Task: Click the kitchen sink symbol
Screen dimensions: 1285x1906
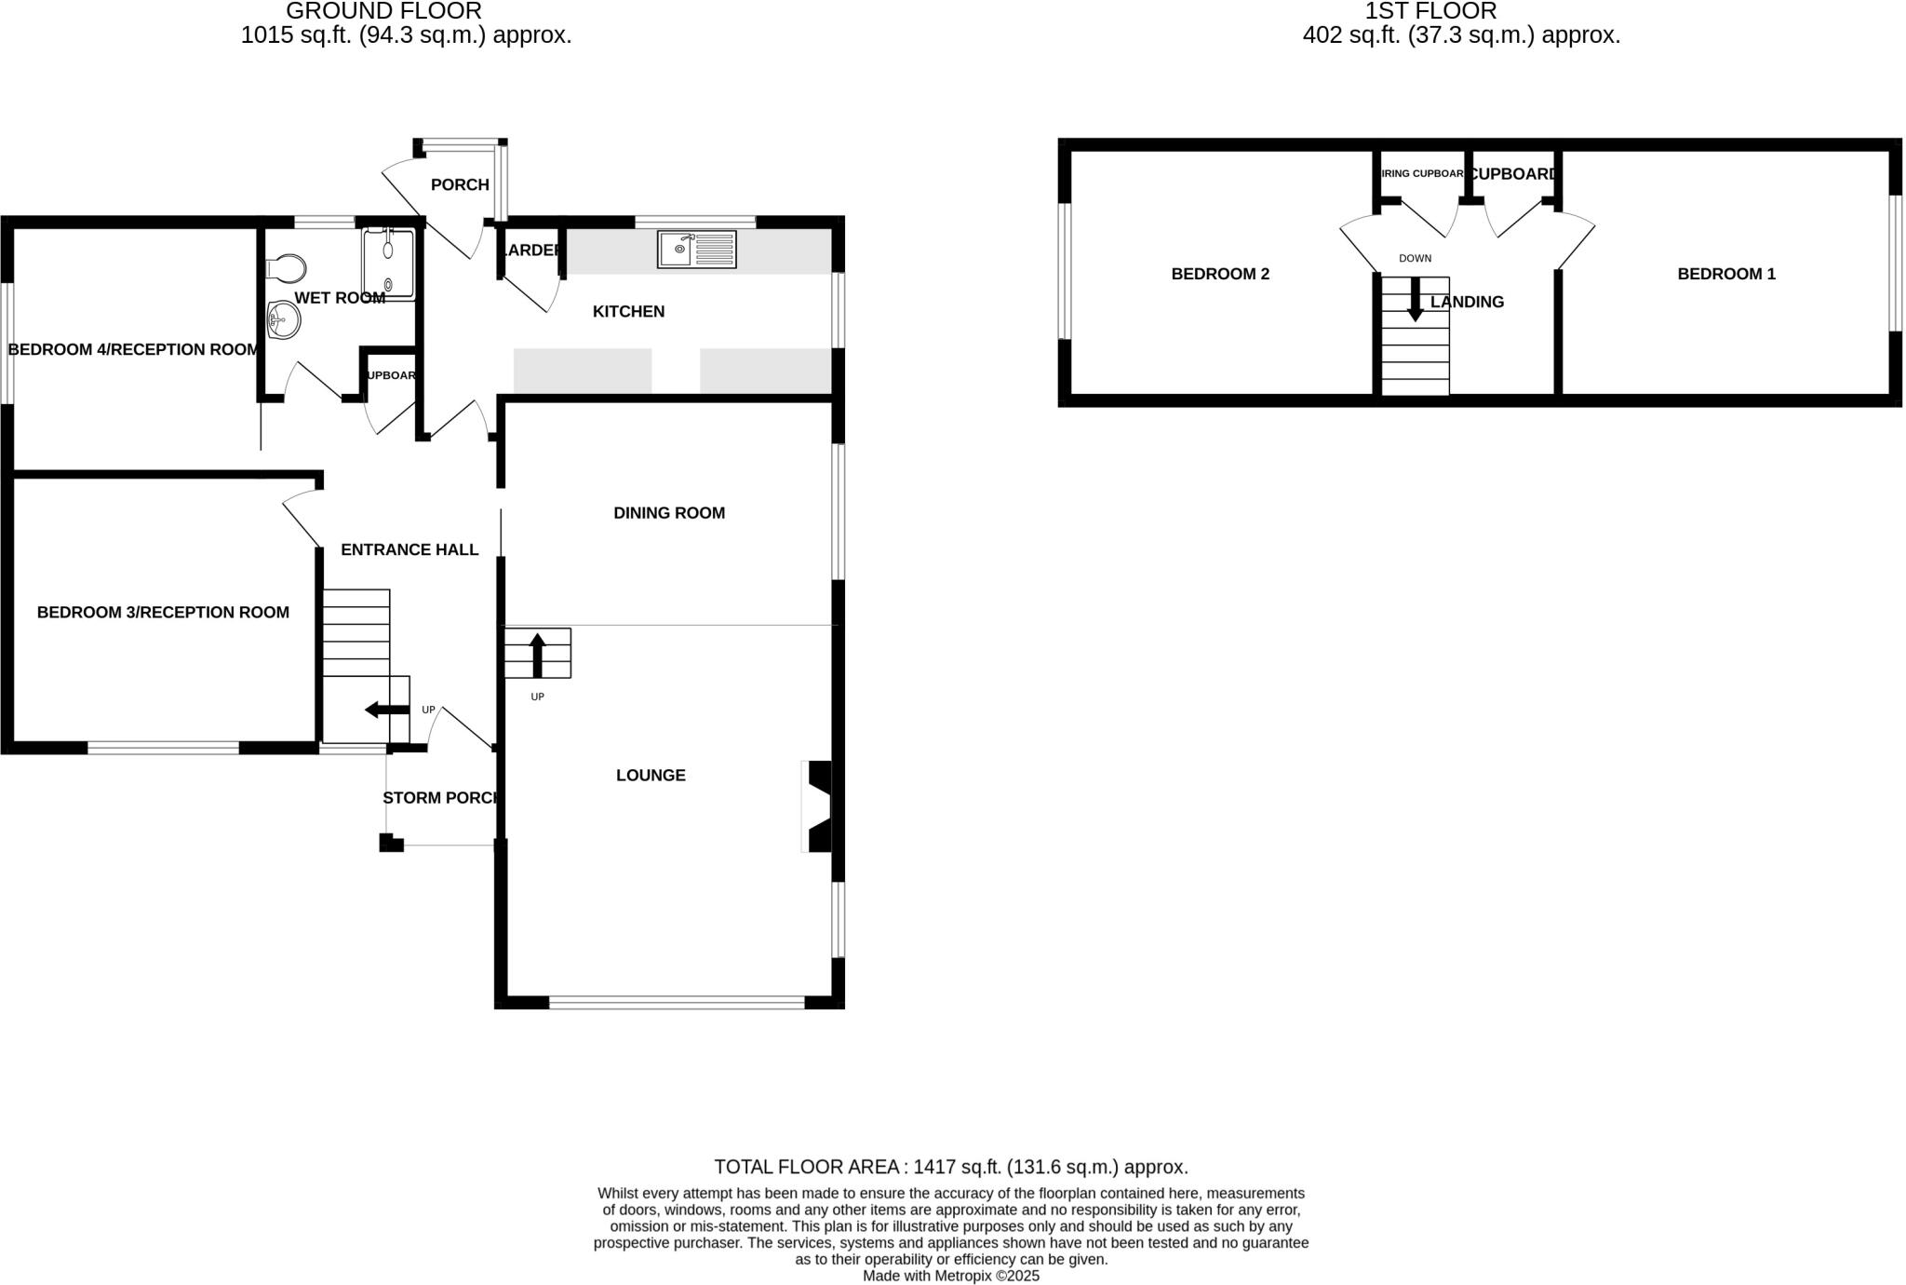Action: click(x=696, y=250)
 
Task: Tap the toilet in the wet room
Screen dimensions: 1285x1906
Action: click(x=287, y=268)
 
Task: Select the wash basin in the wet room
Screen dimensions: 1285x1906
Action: click(x=284, y=321)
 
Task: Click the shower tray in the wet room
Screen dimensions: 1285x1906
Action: click(x=388, y=264)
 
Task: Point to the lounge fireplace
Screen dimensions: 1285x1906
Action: click(x=817, y=806)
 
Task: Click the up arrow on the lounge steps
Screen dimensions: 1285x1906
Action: click(x=537, y=655)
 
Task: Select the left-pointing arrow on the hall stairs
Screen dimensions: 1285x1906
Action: click(x=385, y=710)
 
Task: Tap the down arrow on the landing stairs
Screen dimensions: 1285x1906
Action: click(x=1415, y=301)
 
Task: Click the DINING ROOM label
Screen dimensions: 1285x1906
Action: click(x=668, y=513)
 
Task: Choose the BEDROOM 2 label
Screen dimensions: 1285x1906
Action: click(x=1219, y=274)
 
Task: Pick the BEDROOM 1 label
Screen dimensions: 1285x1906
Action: click(x=1725, y=274)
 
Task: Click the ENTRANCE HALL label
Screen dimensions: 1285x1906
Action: click(x=409, y=550)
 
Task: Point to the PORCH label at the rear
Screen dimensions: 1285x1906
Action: click(x=460, y=185)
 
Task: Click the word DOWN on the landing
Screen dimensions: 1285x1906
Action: click(x=1415, y=259)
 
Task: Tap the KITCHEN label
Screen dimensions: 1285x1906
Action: click(x=628, y=312)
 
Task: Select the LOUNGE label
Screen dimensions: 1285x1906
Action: click(x=651, y=776)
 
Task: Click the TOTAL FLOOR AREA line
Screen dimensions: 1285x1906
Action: click(x=950, y=1167)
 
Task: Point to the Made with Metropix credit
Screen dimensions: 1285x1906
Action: click(x=950, y=1276)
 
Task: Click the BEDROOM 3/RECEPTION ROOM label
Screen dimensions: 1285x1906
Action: click(x=163, y=613)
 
